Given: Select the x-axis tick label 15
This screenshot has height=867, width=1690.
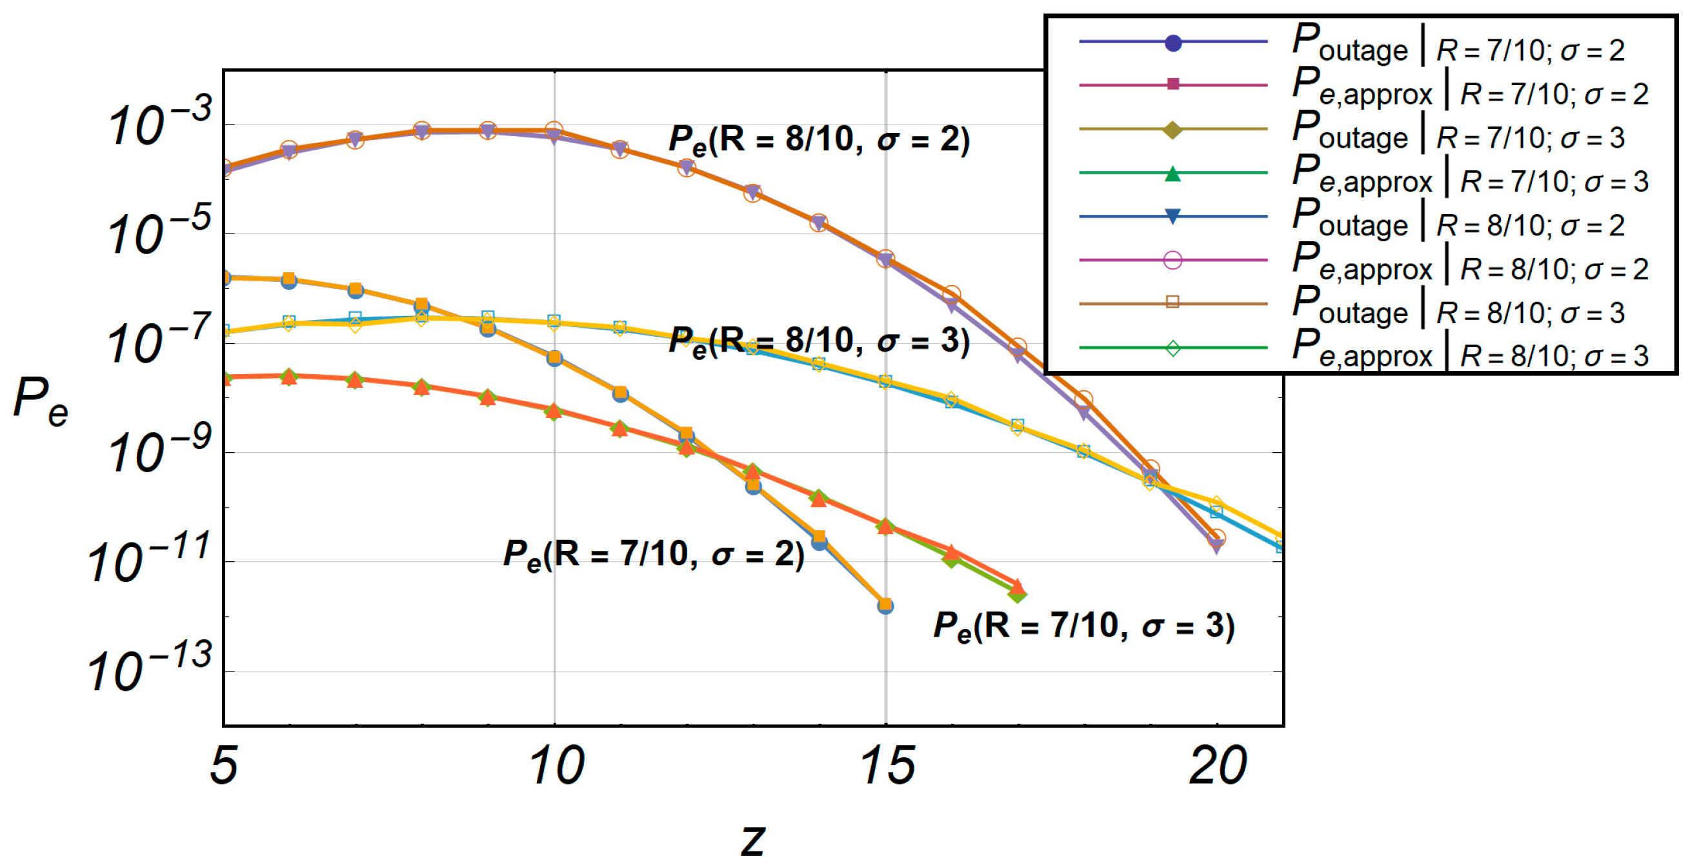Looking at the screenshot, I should [887, 765].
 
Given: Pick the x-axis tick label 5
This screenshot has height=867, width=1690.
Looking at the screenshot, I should [224, 765].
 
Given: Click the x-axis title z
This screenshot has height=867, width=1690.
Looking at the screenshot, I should [752, 839].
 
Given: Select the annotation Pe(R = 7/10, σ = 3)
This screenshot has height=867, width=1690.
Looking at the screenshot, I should [1083, 626].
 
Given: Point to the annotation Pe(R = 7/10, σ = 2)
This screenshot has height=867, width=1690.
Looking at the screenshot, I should [653, 555].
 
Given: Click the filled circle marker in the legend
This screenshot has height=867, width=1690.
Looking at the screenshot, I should [1173, 43].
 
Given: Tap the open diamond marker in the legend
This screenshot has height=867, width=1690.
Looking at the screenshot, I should [1173, 348].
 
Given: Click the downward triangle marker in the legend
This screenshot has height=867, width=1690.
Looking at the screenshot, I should [1173, 216].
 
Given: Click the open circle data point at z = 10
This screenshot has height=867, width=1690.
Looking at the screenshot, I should [554, 128].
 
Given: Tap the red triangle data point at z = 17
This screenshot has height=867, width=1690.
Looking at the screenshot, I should [1018, 586].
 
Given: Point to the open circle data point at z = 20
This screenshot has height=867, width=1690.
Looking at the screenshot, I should [1216, 538].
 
